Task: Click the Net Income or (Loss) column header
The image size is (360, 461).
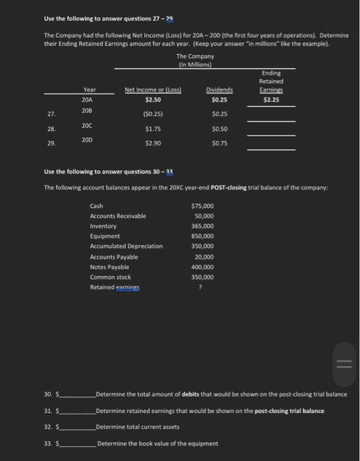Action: pos(153,90)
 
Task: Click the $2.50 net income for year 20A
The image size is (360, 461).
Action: pos(153,99)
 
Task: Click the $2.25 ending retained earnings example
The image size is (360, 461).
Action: pos(270,99)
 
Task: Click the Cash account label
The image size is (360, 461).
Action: pos(96,206)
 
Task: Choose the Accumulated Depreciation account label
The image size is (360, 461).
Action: pos(126,246)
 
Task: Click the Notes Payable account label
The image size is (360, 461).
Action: pos(109,267)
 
